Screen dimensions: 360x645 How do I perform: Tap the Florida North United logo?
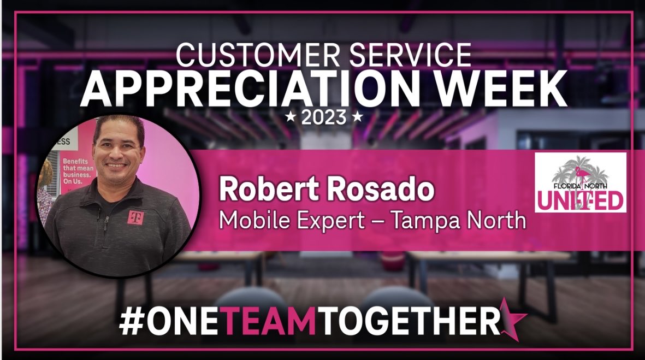tap(580, 182)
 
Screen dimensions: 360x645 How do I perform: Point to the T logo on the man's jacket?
tap(134, 217)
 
